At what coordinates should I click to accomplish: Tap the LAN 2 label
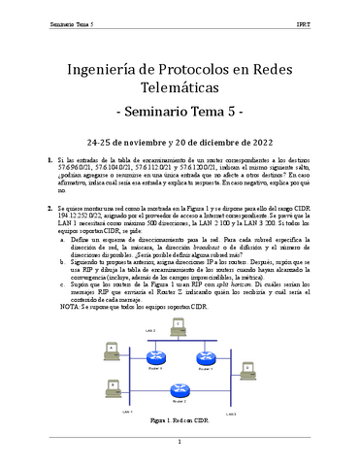150,331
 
